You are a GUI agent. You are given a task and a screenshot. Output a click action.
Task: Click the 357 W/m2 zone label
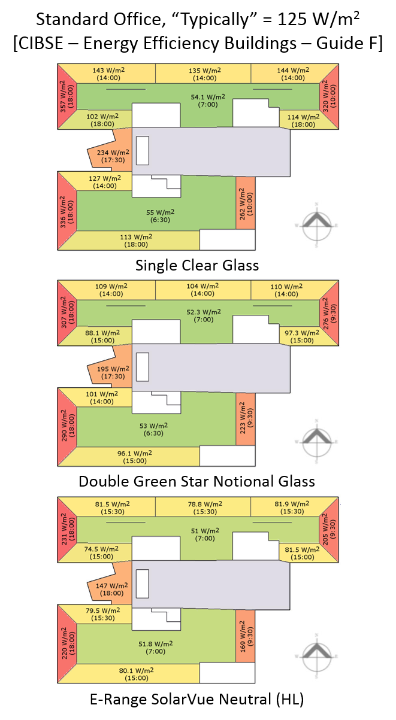(63, 96)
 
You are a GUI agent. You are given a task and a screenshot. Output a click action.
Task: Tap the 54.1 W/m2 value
(208, 97)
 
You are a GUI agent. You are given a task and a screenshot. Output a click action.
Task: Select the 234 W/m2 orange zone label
(113, 153)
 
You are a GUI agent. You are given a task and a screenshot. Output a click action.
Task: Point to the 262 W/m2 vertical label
(243, 204)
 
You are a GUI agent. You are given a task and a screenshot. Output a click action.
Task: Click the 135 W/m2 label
(205, 71)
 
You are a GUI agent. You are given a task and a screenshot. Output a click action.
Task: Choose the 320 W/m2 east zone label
(325, 96)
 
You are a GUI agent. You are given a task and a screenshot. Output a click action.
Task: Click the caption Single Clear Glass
(197, 266)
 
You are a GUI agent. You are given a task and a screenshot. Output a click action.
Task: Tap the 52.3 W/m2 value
(204, 312)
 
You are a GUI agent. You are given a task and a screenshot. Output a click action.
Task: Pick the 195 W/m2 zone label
(113, 369)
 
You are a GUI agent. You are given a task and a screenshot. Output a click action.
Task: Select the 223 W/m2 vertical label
(243, 418)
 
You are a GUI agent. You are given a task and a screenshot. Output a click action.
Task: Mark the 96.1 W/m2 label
(134, 454)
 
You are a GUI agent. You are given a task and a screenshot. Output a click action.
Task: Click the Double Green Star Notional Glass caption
(197, 482)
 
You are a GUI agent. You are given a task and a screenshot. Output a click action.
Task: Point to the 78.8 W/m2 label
(205, 505)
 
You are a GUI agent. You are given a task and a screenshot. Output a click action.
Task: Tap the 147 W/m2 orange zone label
(111, 586)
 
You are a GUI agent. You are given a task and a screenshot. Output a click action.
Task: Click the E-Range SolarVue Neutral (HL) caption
(197, 700)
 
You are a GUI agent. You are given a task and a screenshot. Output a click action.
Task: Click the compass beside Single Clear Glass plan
(317, 225)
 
